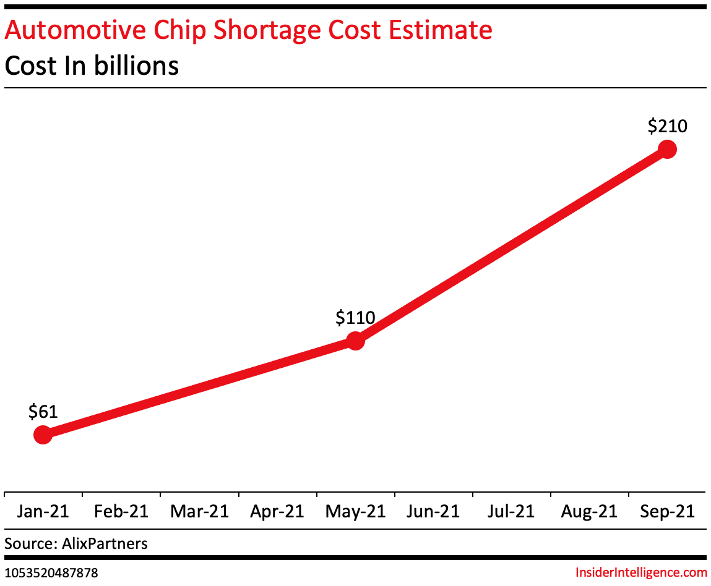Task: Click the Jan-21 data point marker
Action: pyautogui.click(x=43, y=435)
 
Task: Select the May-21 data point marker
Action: pyautogui.click(x=355, y=341)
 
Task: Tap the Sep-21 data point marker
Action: pyautogui.click(x=667, y=149)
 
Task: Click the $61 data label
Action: pyautogui.click(x=43, y=412)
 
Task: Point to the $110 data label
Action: pyautogui.click(x=355, y=318)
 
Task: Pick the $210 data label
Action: pyautogui.click(x=667, y=126)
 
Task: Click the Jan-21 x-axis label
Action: pyautogui.click(x=43, y=512)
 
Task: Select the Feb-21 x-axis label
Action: pyautogui.click(x=121, y=512)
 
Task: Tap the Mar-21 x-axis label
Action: pyautogui.click(x=199, y=512)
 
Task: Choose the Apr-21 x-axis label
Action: pyautogui.click(x=277, y=512)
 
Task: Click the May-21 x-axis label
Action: pyautogui.click(x=355, y=512)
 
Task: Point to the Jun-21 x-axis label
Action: pyautogui.click(x=433, y=512)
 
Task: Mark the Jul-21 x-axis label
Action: pyautogui.click(x=511, y=512)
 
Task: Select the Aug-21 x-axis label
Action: pyautogui.click(x=589, y=512)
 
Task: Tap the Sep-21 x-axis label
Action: pyautogui.click(x=667, y=512)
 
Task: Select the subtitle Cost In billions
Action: pyautogui.click(x=92, y=65)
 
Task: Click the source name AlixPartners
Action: pyautogui.click(x=105, y=544)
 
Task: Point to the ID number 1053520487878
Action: pyautogui.click(x=51, y=573)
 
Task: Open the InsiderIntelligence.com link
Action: pyautogui.click(x=641, y=572)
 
